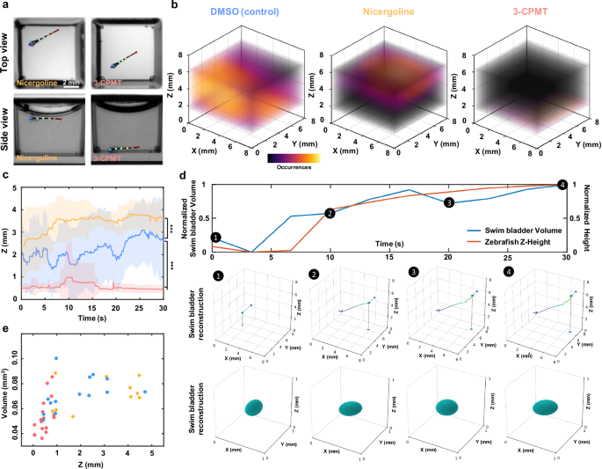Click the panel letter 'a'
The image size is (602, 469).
(4, 5)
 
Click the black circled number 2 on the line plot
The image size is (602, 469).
(329, 213)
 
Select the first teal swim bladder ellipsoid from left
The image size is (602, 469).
(256, 407)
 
